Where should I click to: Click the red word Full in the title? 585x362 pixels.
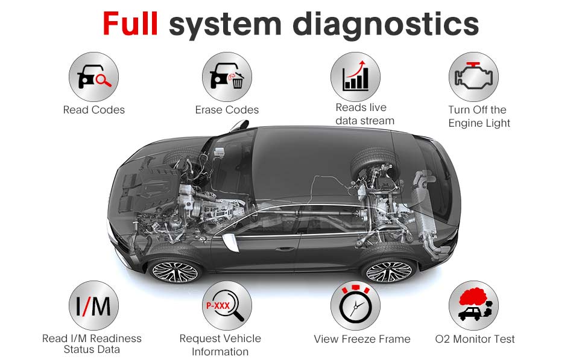point(130,24)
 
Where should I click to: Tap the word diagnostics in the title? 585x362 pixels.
point(385,25)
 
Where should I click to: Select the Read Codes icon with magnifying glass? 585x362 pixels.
point(93,77)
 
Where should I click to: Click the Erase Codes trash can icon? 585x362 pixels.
point(227,77)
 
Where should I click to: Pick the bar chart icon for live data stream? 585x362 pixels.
point(355,77)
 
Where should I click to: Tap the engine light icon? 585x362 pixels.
point(473,77)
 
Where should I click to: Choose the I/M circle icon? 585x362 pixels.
point(93,305)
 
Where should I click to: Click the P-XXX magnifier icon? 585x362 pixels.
point(227,305)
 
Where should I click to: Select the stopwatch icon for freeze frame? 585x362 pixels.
point(355,305)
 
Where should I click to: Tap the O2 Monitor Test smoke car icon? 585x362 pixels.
point(473,305)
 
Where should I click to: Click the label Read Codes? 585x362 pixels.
point(94,110)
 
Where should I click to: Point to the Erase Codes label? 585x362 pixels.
point(227,110)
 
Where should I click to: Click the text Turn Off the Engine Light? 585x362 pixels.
point(479,116)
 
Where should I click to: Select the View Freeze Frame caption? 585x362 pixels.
point(362,339)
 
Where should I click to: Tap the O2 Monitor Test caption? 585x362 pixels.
point(475,339)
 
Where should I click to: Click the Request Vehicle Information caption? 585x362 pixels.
point(220,345)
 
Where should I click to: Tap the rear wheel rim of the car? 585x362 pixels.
point(389,271)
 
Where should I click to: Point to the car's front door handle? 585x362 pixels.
point(285,249)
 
